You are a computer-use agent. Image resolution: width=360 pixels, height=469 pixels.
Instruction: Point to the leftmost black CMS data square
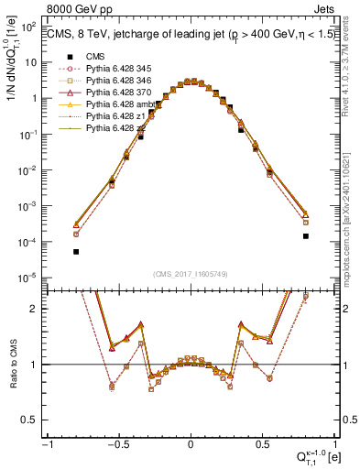tap(76, 251)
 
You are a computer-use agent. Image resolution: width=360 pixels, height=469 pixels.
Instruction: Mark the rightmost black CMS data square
tap(305, 235)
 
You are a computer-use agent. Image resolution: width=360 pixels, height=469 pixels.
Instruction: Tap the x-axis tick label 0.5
tap(262, 444)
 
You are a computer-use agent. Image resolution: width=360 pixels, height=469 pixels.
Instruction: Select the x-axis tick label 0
tap(191, 444)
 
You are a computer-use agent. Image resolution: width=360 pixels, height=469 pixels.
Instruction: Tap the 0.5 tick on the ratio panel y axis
tap(34, 420)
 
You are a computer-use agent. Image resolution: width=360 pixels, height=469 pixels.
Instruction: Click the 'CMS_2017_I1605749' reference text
tap(190, 274)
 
